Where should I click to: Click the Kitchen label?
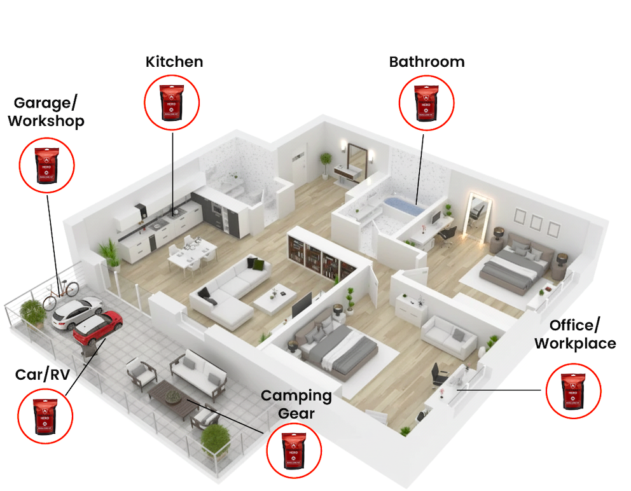pyautogui.click(x=174, y=62)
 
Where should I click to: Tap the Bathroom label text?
pyautogui.click(x=427, y=62)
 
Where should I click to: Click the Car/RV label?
pyautogui.click(x=43, y=374)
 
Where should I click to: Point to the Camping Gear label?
pyautogui.click(x=296, y=404)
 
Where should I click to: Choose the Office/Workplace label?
pyautogui.click(x=574, y=335)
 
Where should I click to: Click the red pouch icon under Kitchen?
pyautogui.click(x=172, y=102)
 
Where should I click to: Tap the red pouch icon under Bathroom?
pyautogui.click(x=427, y=102)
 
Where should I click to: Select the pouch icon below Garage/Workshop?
pyautogui.click(x=47, y=165)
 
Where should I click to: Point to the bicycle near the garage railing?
pyautogui.click(x=61, y=291)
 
